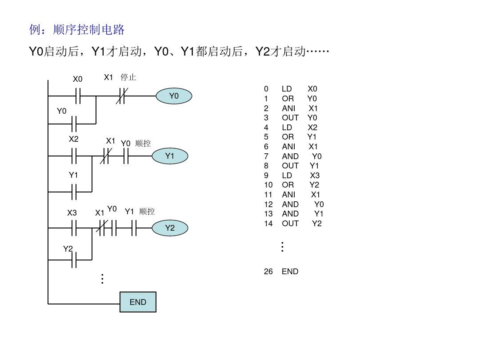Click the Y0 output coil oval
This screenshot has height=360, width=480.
tap(174, 96)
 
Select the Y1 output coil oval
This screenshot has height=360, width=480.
tap(170, 156)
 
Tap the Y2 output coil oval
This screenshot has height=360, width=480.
tap(170, 228)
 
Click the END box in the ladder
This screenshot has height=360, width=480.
tap(138, 302)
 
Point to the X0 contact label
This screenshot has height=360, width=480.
tap(78, 79)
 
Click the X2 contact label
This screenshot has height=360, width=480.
tap(73, 139)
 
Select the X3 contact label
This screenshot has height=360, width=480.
tap(72, 213)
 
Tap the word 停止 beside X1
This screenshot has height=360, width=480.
tap(128, 77)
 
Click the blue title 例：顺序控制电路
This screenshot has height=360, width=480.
tap(76, 30)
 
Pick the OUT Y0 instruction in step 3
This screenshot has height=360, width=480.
tap(299, 118)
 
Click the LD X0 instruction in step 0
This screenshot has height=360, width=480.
tap(299, 89)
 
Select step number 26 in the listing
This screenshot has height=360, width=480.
tap(268, 271)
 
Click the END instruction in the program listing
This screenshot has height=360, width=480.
tap(290, 271)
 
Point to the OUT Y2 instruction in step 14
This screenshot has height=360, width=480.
tap(301, 224)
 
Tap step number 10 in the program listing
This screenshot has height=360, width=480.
tap(268, 185)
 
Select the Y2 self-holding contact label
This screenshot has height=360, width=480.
tap(68, 249)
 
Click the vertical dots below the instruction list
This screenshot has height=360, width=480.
tap(282, 247)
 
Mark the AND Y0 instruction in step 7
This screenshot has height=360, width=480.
tap(301, 156)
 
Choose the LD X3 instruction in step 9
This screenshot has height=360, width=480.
tap(300, 175)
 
